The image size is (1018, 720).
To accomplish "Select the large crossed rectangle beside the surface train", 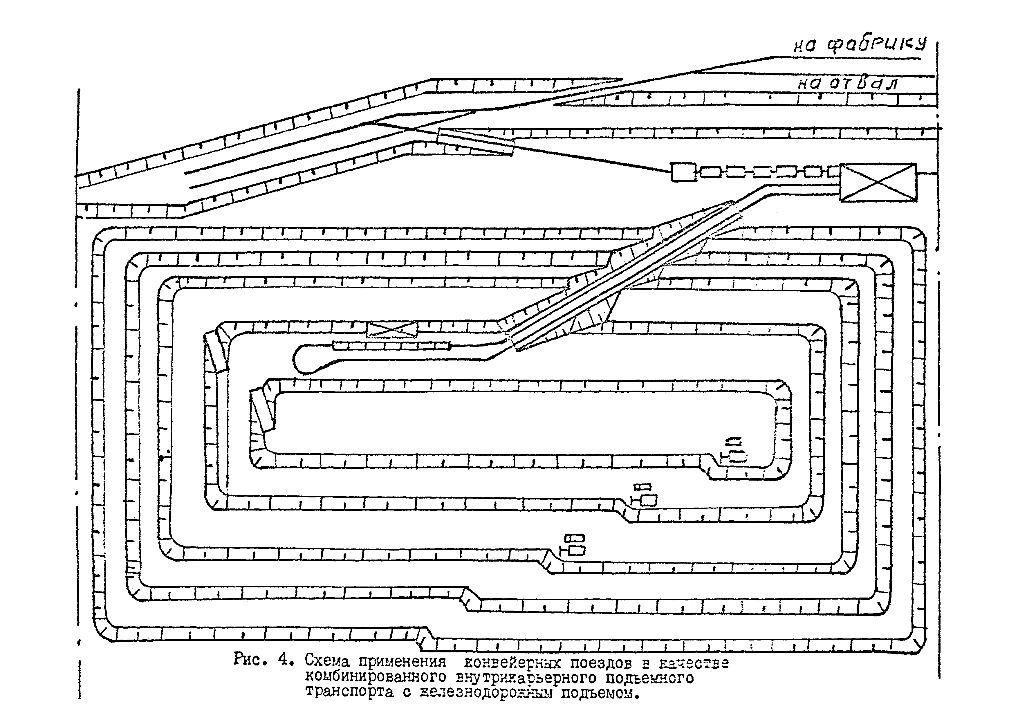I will click(x=878, y=182).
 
